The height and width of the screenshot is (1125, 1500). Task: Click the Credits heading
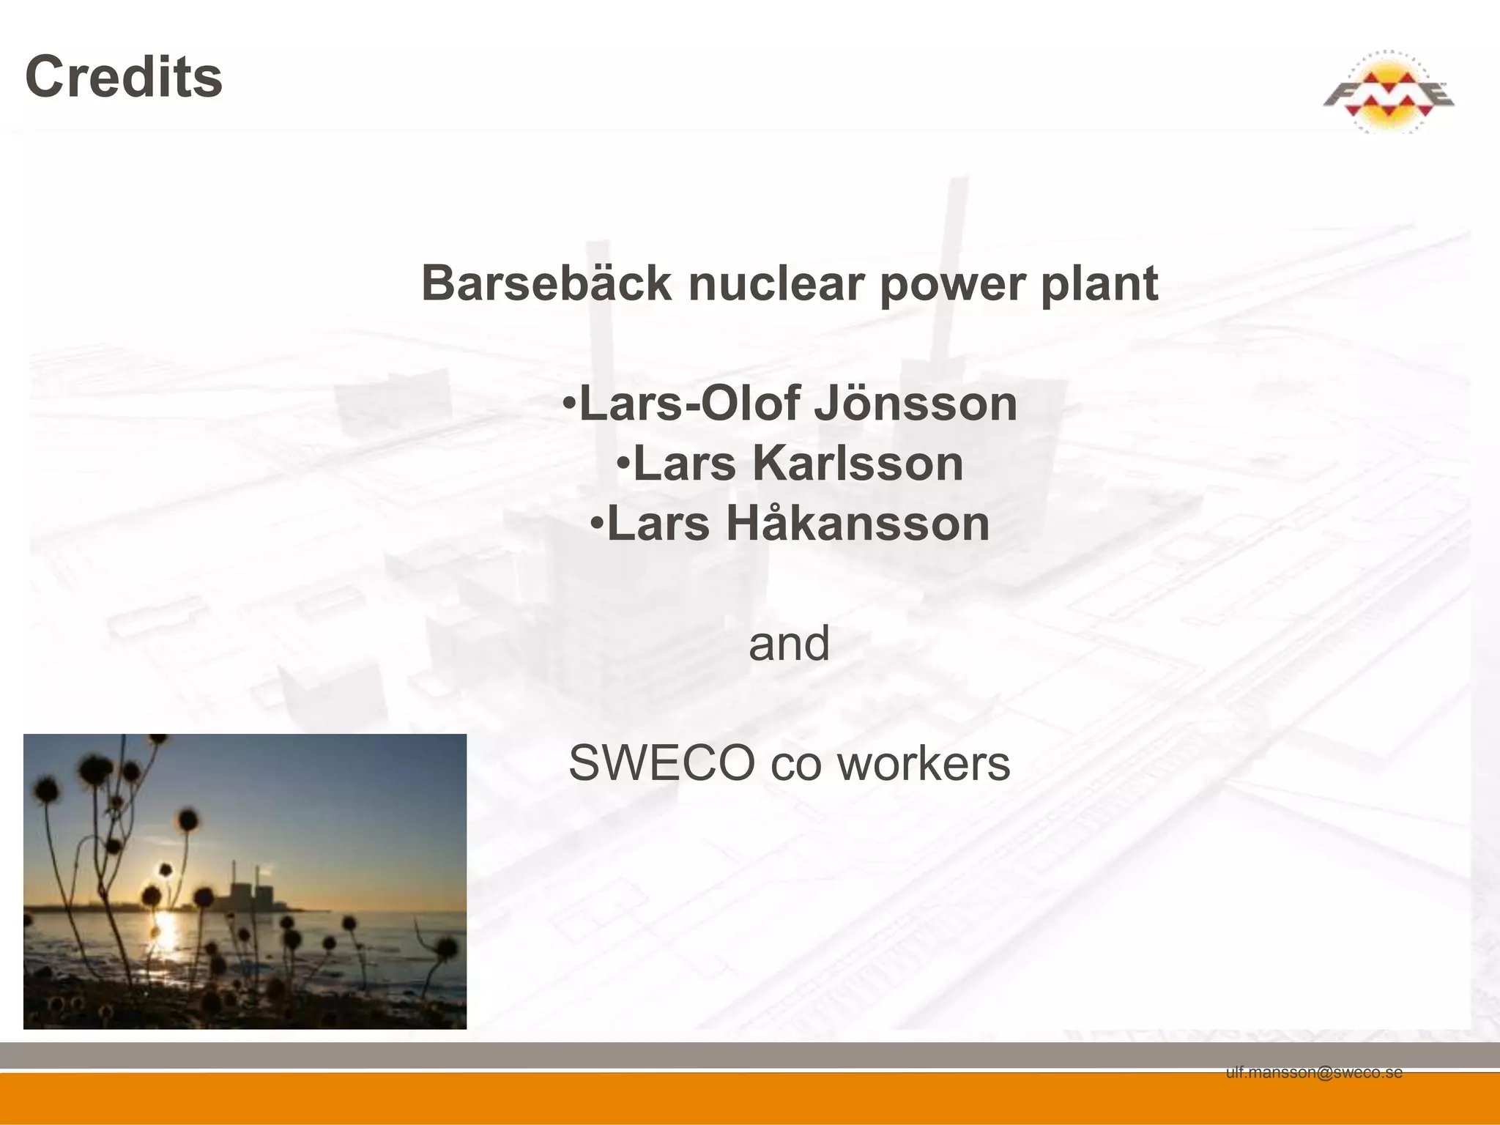124,77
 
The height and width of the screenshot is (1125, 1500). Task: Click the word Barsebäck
546,283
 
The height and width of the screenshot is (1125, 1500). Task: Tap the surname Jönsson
916,404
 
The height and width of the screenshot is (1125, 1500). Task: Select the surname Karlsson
858,464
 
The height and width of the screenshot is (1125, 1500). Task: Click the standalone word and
789,644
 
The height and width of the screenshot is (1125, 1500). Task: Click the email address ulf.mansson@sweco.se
1314,1073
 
